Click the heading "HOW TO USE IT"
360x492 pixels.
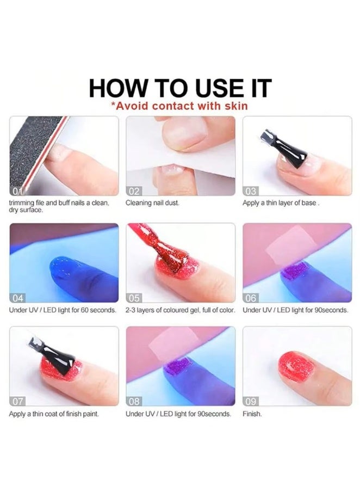tap(181, 88)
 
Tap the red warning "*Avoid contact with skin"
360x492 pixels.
tap(179, 106)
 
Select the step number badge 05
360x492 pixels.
tap(134, 298)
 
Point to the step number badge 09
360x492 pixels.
tap(251, 401)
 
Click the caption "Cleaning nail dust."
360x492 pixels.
tap(152, 202)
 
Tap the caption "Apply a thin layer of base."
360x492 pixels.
tap(281, 202)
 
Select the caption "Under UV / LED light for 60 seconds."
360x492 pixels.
tap(63, 310)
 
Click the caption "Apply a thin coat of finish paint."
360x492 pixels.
tap(54, 414)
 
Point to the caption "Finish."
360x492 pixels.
tap(252, 414)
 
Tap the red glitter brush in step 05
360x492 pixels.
tap(158, 247)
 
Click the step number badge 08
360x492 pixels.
tap(134, 401)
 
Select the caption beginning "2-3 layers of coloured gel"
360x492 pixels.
tap(181, 310)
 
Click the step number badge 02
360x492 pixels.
tap(134, 191)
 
